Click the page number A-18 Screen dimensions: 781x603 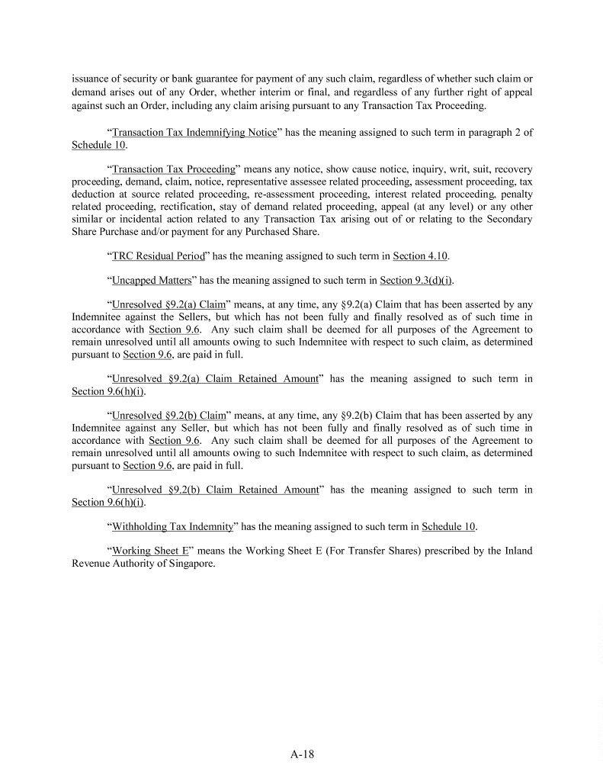302,754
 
